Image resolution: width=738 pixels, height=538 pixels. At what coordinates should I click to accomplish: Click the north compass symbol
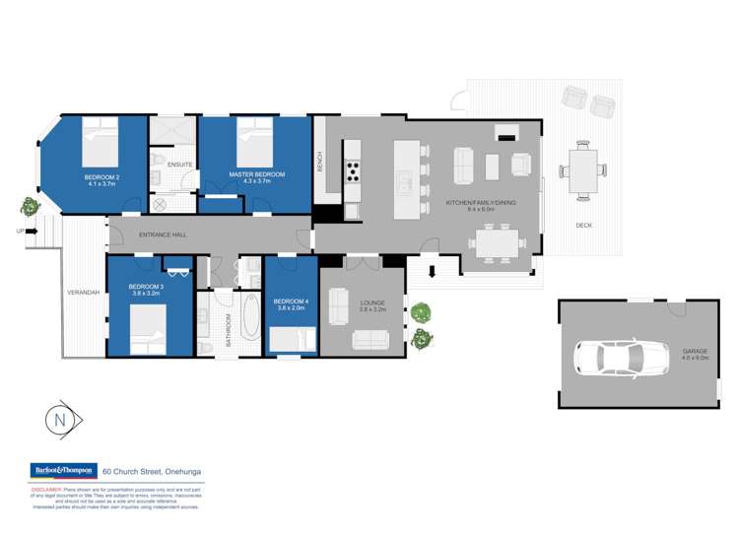[61, 420]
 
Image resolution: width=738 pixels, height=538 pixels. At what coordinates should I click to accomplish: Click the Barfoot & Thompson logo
[62, 471]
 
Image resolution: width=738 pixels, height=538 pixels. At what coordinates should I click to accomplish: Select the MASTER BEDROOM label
[256, 174]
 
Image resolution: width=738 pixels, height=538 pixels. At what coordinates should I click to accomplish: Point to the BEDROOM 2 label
[101, 177]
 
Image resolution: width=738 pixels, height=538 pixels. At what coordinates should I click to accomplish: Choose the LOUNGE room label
[372, 303]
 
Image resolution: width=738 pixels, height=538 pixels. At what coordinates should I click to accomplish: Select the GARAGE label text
[696, 351]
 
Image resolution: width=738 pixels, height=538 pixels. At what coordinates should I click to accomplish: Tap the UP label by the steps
[20, 232]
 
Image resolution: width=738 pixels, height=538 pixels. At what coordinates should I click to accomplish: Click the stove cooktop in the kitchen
[353, 171]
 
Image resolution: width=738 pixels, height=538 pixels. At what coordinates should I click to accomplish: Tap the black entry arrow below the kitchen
[431, 272]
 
